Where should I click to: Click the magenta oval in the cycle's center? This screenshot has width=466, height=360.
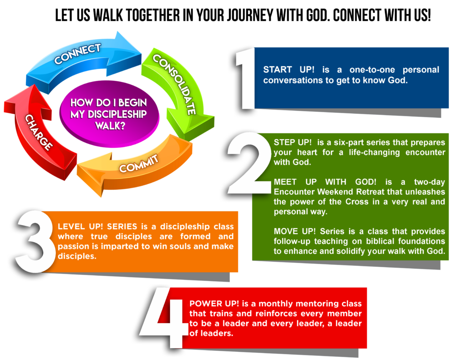[109, 114]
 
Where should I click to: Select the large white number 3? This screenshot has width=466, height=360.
[35, 241]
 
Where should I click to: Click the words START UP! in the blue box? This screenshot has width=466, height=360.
[281, 70]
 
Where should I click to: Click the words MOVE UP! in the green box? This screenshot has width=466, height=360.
[292, 232]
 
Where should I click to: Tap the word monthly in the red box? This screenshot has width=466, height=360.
[270, 304]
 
